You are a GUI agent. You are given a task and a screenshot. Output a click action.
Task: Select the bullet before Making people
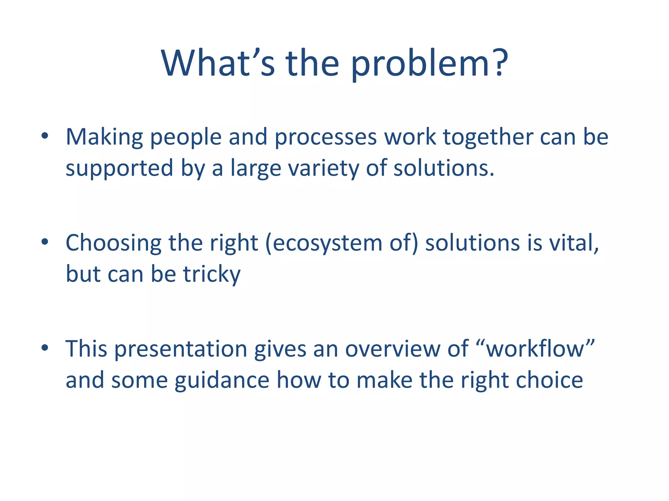pos(45,136)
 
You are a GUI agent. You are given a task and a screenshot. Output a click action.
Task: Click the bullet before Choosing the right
pos(45,242)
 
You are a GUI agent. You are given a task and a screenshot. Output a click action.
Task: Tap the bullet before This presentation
pos(45,348)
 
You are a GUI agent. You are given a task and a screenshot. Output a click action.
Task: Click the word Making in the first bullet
pos(104,137)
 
